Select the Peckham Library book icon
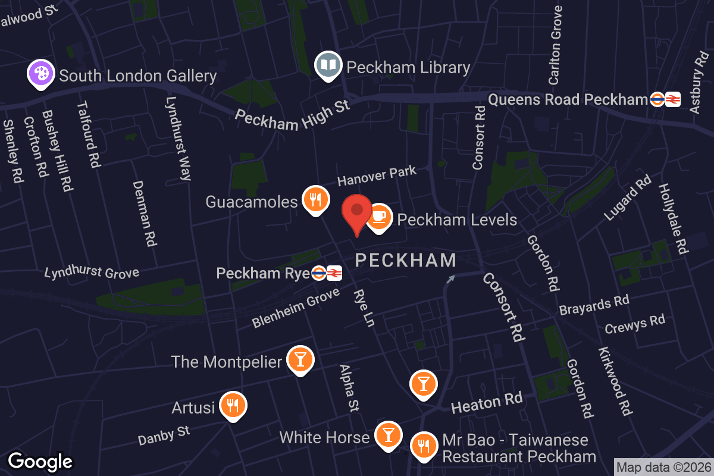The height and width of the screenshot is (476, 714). [328, 65]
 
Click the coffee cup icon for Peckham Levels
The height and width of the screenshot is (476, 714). [379, 218]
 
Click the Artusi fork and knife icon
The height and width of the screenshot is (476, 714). [233, 406]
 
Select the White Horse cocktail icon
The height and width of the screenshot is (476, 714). [388, 436]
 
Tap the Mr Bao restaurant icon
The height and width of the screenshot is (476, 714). [423, 444]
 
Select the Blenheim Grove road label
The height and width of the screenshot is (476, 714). [296, 307]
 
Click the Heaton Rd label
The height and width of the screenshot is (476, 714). [487, 403]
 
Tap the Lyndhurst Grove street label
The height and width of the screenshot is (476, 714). [92, 273]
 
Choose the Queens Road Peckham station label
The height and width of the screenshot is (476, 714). [567, 99]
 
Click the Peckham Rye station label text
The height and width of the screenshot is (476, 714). [262, 273]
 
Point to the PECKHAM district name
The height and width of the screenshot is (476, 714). [406, 260]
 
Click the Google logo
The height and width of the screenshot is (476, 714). [40, 461]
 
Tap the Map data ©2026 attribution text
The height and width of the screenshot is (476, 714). [663, 468]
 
